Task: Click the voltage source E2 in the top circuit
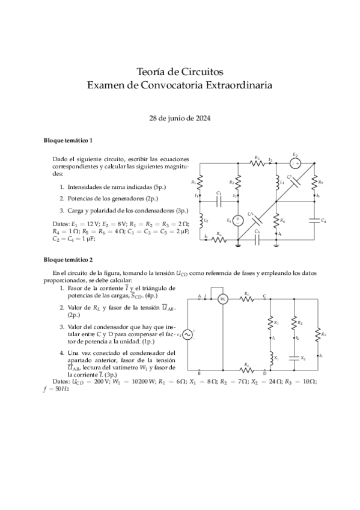(295, 163)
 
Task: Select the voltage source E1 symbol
(237, 220)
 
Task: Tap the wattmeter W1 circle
(223, 298)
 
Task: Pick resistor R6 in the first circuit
(219, 239)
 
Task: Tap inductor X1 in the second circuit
(269, 357)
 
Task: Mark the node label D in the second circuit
(265, 373)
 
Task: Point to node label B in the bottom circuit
(199, 373)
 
